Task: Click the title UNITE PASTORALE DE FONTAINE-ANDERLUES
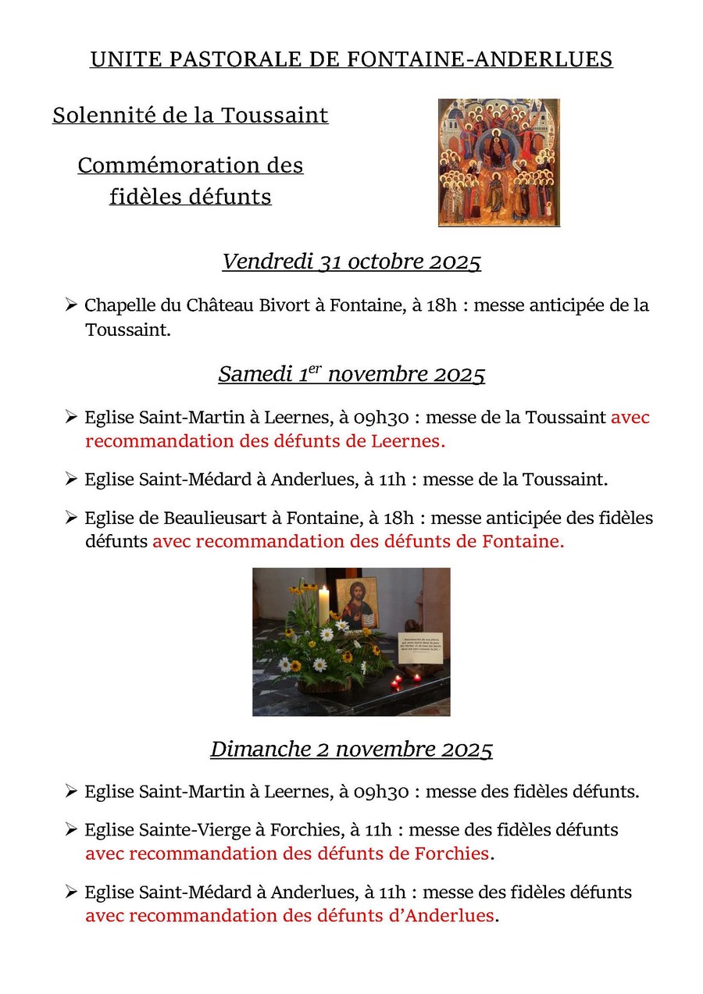[351, 59]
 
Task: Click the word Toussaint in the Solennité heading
[274, 116]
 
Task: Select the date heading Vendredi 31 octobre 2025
[351, 262]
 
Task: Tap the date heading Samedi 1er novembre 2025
[351, 375]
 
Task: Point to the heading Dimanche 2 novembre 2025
[351, 750]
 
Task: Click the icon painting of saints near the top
[498, 162]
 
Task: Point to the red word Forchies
[455, 853]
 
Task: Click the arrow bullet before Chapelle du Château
[71, 305]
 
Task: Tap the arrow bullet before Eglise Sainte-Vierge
[71, 828]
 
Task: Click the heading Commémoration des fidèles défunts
[191, 180]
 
